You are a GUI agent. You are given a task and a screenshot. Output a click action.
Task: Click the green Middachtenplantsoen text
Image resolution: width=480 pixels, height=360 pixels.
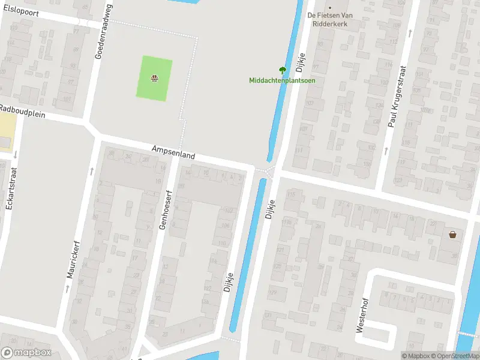(x=282, y=80)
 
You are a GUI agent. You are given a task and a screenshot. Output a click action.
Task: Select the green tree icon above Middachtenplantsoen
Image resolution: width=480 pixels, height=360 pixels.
(x=283, y=70)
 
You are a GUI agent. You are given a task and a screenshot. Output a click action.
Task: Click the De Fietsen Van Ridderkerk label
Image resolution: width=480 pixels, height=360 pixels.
(x=328, y=20)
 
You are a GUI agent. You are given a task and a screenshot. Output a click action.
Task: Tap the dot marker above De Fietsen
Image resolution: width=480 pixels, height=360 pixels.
(x=329, y=8)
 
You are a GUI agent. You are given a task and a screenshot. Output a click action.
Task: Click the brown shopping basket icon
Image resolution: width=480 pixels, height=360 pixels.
(x=452, y=234)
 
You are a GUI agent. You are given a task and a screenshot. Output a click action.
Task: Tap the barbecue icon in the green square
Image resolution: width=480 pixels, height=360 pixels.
(x=154, y=77)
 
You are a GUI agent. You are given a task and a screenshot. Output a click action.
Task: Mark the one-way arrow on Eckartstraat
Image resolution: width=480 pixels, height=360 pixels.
(x=14, y=155)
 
